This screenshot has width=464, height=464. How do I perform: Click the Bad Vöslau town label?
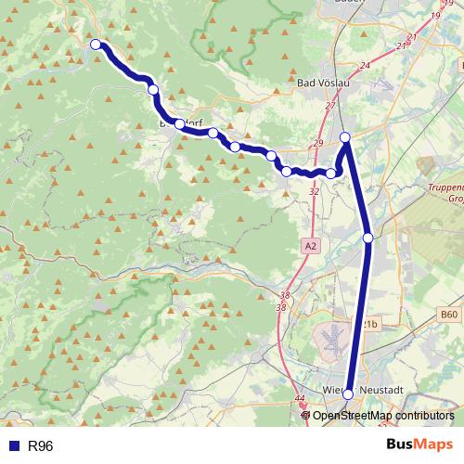click(x=323, y=84)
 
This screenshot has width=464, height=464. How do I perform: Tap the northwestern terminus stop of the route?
click(x=96, y=44)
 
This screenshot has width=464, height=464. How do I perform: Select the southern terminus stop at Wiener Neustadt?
click(x=348, y=394)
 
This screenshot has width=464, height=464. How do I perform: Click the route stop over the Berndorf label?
click(x=179, y=123)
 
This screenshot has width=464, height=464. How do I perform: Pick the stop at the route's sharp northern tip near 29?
click(x=345, y=137)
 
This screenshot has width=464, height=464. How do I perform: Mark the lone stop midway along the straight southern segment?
click(x=368, y=238)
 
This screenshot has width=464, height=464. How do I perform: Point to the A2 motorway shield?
click(x=310, y=246)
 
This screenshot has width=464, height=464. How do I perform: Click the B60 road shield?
click(x=450, y=316)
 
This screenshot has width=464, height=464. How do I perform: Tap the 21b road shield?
click(x=370, y=324)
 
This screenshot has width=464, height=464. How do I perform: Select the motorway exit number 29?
click(x=318, y=144)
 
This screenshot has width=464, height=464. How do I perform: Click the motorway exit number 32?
click(x=314, y=191)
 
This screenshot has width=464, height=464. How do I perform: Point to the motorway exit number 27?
click(x=329, y=107)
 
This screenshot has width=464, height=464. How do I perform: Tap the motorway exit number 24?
click(x=364, y=66)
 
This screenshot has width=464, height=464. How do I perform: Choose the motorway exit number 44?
click(x=299, y=399)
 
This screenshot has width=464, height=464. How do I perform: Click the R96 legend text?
click(x=41, y=446)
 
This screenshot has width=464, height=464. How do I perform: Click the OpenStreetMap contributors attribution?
click(x=382, y=416)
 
